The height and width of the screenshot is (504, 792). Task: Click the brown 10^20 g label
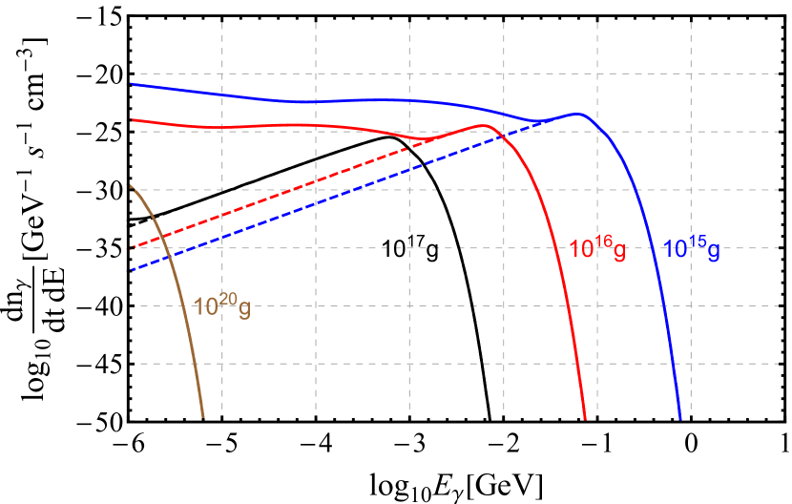(x=221, y=306)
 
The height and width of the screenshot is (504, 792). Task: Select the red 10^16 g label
(x=597, y=250)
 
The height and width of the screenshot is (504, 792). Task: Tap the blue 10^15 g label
(x=691, y=250)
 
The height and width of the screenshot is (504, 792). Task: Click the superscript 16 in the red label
(x=604, y=242)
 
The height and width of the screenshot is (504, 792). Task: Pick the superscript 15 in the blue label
(x=698, y=242)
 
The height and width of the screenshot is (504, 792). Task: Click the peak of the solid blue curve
(x=577, y=114)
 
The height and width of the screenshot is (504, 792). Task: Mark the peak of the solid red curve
(x=485, y=125)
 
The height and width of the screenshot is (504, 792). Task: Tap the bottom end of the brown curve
(x=204, y=417)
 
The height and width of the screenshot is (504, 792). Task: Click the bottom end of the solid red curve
(x=585, y=417)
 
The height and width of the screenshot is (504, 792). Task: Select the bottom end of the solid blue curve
(x=680, y=417)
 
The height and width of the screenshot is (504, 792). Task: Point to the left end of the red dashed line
(x=132, y=248)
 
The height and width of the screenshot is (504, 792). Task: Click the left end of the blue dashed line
(x=132, y=270)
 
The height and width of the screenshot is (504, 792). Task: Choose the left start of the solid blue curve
(x=132, y=84)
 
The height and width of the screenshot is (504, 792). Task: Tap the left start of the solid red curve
(x=132, y=119)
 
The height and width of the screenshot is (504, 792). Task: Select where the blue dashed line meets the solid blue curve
(x=534, y=121)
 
